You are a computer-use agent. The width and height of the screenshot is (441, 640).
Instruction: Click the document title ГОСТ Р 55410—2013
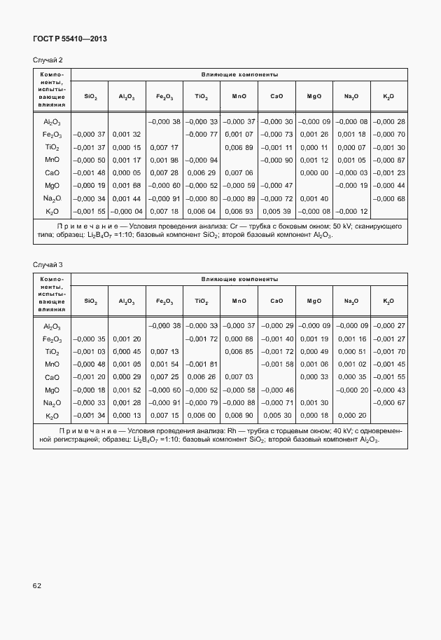tap(69, 39)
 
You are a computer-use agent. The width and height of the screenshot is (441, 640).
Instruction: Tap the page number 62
tap(38, 584)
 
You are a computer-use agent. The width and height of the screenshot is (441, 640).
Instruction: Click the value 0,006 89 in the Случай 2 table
tap(239, 147)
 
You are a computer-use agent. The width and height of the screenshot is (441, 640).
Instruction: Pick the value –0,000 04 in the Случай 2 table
tap(126, 211)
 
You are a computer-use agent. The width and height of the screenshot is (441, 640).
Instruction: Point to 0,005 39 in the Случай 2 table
tap(276, 211)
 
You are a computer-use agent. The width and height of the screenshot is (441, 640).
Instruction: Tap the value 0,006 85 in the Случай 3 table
tap(239, 352)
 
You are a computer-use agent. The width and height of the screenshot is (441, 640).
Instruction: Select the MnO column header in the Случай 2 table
tap(239, 95)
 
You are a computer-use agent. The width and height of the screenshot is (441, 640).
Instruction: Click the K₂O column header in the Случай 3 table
tap(388, 301)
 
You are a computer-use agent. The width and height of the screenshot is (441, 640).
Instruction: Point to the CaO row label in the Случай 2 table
tap(52, 172)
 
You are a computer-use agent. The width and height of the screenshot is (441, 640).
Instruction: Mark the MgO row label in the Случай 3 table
tap(52, 390)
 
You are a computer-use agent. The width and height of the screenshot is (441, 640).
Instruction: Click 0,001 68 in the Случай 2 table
tap(126, 186)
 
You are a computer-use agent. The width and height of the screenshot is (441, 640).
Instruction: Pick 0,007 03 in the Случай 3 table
tap(239, 377)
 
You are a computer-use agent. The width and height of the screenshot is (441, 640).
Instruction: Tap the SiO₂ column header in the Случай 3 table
tap(90, 301)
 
